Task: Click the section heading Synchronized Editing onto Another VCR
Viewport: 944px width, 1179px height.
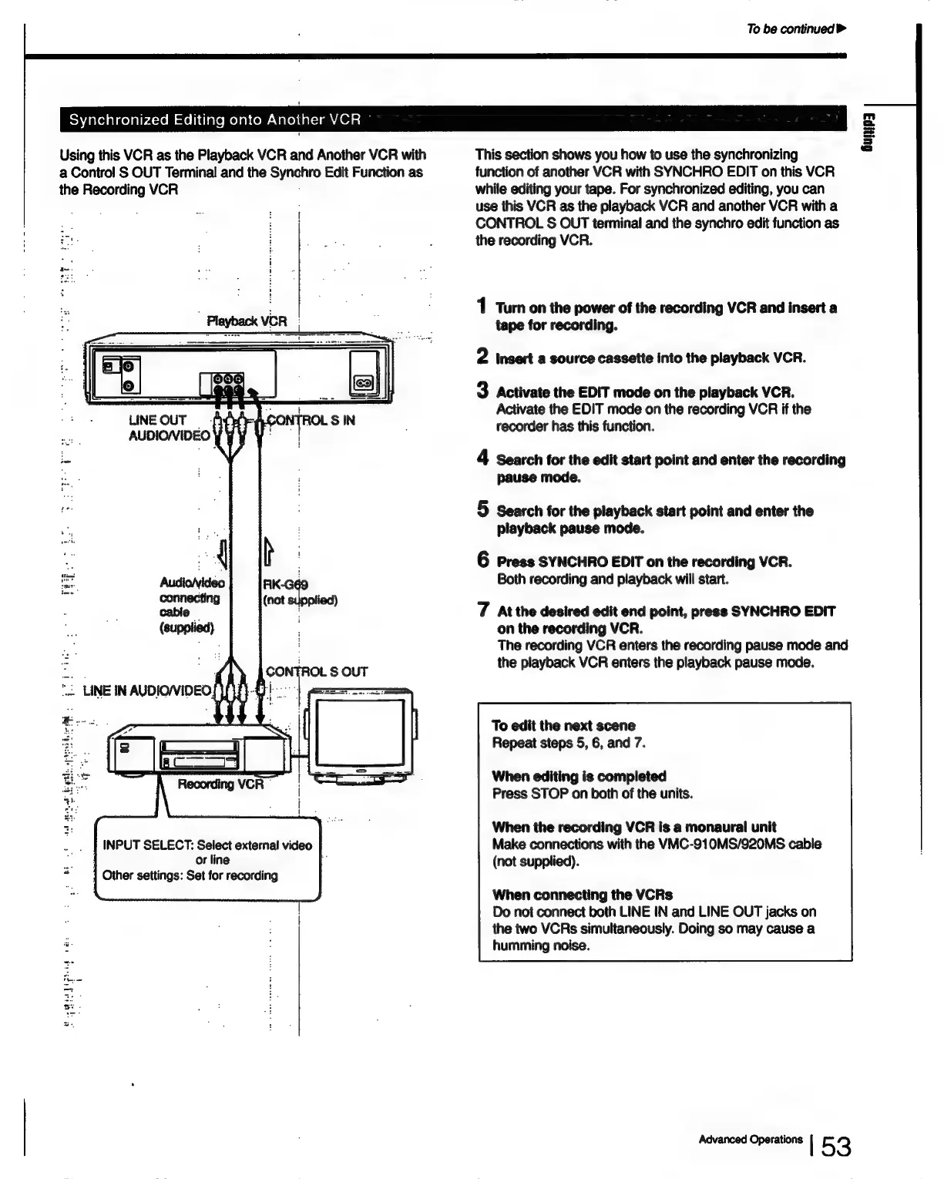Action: tap(215, 119)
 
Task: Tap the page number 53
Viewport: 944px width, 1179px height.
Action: tap(835, 1147)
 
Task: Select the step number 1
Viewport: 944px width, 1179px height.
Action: tap(482, 307)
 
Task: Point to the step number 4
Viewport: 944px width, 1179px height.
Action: tap(482, 458)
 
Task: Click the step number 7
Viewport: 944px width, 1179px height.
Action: tap(482, 610)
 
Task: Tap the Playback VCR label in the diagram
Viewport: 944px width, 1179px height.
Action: tap(247, 321)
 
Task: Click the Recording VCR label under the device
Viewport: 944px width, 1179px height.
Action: tap(220, 784)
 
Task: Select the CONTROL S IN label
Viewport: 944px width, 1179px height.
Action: tap(310, 421)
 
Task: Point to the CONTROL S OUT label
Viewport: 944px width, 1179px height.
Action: tap(317, 671)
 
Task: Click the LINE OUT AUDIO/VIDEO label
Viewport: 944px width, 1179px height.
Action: tap(169, 428)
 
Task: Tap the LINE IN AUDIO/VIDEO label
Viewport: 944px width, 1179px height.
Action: tap(146, 690)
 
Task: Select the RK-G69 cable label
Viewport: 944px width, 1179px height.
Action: tap(286, 585)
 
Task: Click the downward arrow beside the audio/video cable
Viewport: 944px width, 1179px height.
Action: tap(223, 553)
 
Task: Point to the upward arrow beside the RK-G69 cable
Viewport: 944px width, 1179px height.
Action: tap(269, 552)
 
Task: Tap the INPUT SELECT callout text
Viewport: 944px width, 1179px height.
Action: tap(207, 859)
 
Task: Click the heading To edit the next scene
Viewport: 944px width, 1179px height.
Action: tap(563, 725)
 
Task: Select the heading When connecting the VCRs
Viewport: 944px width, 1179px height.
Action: tap(582, 895)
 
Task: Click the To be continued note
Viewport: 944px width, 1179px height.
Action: tap(796, 29)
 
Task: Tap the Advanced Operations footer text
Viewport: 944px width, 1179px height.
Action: tap(750, 1140)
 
